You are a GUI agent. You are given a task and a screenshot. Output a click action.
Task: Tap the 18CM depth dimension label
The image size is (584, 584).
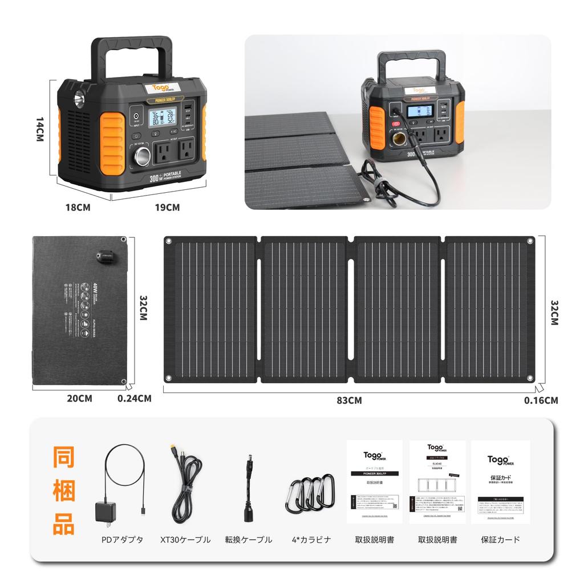78,208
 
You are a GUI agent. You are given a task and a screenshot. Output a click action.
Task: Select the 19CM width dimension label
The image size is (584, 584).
167,208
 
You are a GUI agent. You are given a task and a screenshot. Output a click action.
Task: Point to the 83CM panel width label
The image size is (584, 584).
349,400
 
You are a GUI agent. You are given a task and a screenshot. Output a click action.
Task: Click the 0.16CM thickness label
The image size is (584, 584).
541,400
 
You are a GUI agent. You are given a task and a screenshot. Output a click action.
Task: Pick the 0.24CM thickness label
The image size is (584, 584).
134,399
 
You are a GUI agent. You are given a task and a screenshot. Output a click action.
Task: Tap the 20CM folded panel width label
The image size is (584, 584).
79,399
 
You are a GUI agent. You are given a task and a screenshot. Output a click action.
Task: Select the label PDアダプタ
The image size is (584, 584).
122,540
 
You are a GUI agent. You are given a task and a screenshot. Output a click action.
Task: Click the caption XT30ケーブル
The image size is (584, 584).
185,540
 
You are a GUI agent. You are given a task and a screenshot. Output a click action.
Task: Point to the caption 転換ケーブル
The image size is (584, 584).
249,540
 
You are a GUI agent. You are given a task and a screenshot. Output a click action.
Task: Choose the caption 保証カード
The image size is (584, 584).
500,540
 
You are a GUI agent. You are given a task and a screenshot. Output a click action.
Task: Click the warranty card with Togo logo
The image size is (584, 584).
500,482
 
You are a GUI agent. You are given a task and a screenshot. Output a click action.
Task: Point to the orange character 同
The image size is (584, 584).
64,460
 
